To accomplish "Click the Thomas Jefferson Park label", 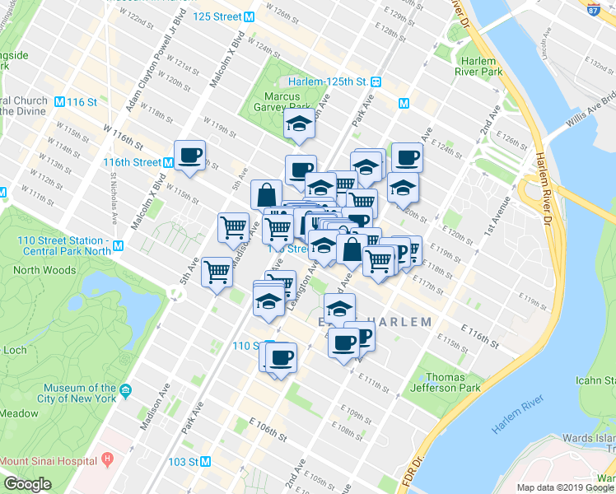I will click(452, 382).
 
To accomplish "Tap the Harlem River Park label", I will click(478, 67).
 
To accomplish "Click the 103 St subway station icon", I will click(206, 462).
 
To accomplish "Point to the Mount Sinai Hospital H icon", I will click(106, 459).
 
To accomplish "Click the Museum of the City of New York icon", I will click(125, 389).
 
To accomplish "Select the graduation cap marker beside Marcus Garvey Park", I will click(300, 125).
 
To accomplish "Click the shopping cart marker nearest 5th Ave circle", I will click(217, 271).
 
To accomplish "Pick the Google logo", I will click(27, 484).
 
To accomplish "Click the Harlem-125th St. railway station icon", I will click(376, 82).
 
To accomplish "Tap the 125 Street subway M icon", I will click(249, 16).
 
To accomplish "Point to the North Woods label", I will click(44, 270).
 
